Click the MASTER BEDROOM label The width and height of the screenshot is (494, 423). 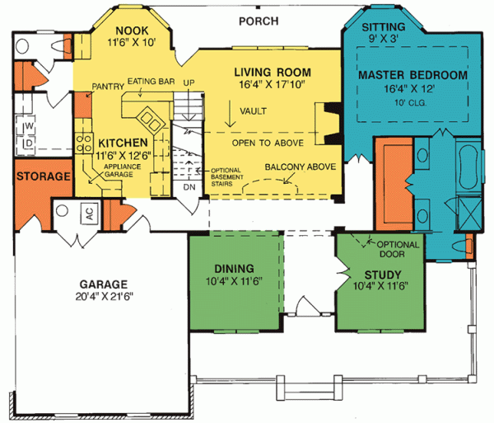[x=412, y=75]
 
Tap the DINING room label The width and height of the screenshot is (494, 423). [x=235, y=268]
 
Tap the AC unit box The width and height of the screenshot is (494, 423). [x=89, y=213]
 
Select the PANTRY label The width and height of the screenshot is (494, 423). [x=107, y=85]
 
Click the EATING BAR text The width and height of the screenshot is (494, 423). [x=150, y=82]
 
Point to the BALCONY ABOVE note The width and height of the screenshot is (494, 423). [x=300, y=166]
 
